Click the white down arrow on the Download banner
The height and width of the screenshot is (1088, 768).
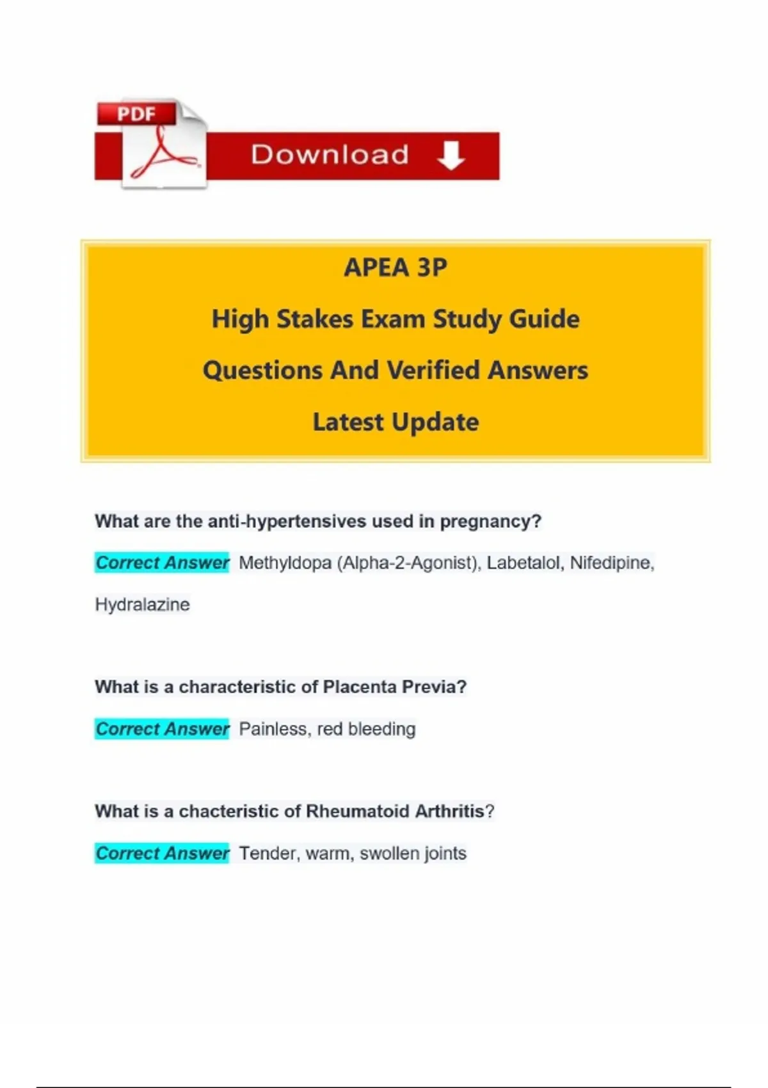click(451, 156)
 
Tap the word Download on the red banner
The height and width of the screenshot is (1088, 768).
click(330, 155)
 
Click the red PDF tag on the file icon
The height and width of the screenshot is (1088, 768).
click(136, 114)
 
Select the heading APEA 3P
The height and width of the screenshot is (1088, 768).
click(396, 268)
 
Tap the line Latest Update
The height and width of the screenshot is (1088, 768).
click(396, 422)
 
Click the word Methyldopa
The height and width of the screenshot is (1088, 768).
click(285, 563)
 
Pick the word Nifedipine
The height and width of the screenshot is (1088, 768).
click(611, 563)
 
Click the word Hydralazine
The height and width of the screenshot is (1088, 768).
click(142, 605)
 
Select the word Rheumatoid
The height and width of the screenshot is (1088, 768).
click(358, 812)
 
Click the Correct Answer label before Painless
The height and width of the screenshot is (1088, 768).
click(162, 729)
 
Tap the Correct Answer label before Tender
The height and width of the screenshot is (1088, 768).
click(162, 853)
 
